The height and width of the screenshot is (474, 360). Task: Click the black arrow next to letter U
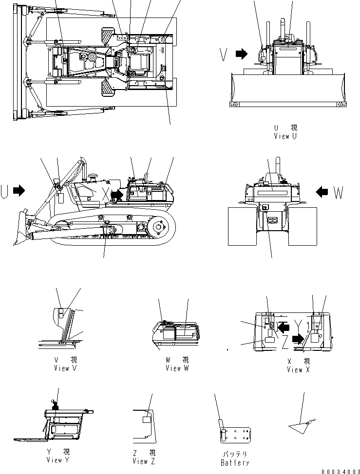(x=19, y=191)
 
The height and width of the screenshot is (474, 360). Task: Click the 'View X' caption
(x=295, y=370)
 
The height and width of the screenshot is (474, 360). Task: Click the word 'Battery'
(x=235, y=463)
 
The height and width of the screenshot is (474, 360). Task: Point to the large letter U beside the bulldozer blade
(x=5, y=192)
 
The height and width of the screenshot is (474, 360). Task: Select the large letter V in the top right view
(x=224, y=55)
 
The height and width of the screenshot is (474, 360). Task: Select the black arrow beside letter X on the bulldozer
(x=117, y=195)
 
